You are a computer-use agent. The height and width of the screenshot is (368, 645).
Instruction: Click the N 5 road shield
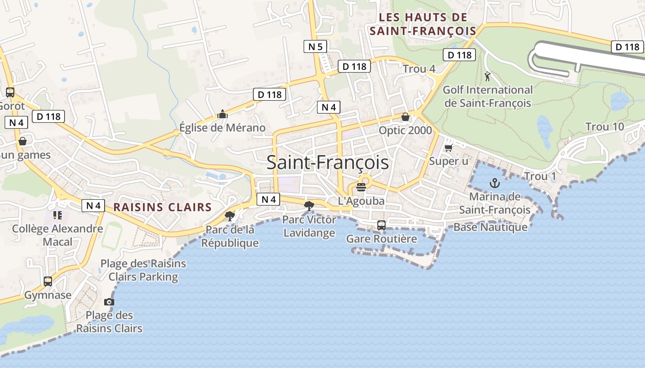[x=316, y=46]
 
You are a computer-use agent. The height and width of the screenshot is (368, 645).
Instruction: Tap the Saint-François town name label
[x=328, y=163]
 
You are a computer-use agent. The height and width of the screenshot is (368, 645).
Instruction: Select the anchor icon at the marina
[x=494, y=183]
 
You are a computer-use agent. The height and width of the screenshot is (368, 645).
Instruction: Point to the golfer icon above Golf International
[x=487, y=76]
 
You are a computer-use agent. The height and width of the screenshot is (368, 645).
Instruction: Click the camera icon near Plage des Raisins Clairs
[x=109, y=302]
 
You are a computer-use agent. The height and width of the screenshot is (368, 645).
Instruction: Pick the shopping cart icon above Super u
[x=448, y=148]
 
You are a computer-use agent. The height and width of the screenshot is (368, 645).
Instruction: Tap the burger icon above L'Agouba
[x=361, y=187]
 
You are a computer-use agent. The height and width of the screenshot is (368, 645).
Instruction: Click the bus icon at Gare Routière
[x=381, y=225]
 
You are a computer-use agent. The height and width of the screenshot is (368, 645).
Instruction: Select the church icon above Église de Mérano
[x=223, y=114]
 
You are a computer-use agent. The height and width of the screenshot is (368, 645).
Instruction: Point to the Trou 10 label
[x=604, y=126]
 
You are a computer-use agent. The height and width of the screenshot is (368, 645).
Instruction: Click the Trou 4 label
[x=419, y=69]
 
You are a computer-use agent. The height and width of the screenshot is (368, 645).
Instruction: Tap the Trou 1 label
[x=540, y=176]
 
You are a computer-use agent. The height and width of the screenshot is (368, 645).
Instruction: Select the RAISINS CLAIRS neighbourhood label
[x=162, y=207]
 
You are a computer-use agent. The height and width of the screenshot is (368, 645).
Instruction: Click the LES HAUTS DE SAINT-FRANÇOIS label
[x=423, y=24]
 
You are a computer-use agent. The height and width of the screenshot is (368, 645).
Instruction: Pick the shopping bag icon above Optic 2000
[x=405, y=117]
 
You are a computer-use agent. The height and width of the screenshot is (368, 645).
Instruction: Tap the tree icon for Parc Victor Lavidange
[x=309, y=206]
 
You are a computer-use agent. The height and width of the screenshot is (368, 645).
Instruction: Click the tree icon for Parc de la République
[x=229, y=216]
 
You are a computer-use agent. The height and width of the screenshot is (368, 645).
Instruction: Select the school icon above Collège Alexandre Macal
[x=58, y=215]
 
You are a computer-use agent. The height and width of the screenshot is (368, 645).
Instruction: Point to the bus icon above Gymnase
[x=48, y=281]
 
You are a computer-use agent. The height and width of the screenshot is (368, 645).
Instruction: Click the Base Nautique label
[x=490, y=227]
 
